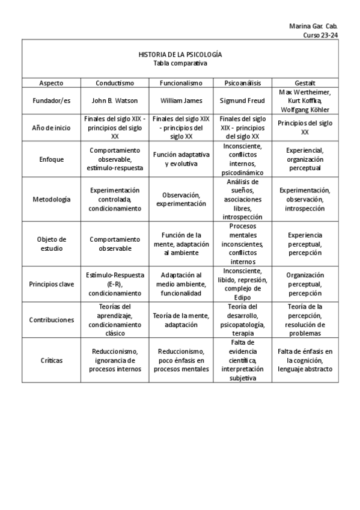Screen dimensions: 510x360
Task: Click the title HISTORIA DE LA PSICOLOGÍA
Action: pos(180,54)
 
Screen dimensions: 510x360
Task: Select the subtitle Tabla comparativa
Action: pos(180,63)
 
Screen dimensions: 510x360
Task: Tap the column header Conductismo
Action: pos(115,83)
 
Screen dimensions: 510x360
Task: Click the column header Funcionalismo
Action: pos(181,83)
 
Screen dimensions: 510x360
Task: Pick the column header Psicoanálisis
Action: pos(242,83)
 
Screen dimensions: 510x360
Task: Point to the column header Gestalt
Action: pos(305,83)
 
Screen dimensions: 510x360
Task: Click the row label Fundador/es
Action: pos(51,100)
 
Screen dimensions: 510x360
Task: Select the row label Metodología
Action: pos(51,199)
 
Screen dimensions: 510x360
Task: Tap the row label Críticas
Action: pos(51,360)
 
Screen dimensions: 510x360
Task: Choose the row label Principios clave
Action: pos(51,284)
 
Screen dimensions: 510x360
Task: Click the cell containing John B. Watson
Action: pos(115,100)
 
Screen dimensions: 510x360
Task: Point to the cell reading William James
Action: pos(181,100)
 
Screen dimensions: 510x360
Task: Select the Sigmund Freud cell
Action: pos(242,100)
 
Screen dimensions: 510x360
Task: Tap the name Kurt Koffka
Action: pos(305,100)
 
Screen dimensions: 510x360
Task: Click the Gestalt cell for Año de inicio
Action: pos(305,127)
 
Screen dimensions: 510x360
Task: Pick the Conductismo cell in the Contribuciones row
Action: pos(115,320)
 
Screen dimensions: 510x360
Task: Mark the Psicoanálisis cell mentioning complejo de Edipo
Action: pos(242,284)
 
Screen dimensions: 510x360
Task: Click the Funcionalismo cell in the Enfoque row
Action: pos(181,159)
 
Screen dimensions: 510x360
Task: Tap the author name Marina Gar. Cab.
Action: pos(313,26)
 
